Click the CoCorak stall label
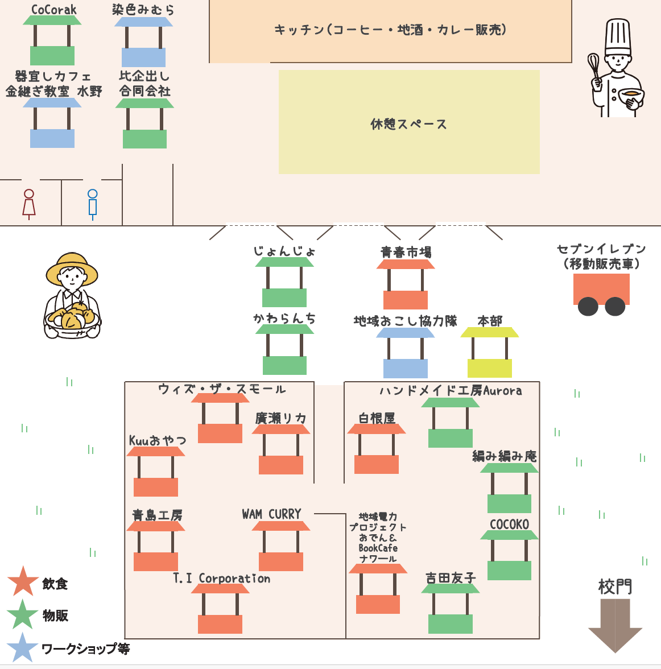pos(53,10)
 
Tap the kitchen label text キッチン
pos(299,30)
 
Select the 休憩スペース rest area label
pos(408,124)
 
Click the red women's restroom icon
pos(29,204)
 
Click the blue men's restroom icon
pos(93,204)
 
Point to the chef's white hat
pos(618,36)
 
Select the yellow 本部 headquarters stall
pos(489,353)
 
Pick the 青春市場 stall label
pos(406,252)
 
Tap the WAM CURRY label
pos(271,514)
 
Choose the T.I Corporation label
pos(221,579)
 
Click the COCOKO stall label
pos(509,525)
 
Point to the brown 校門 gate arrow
pos(615,626)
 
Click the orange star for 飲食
pos(23,582)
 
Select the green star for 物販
pos(23,615)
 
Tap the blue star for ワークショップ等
pos(23,648)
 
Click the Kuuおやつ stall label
pos(158,441)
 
